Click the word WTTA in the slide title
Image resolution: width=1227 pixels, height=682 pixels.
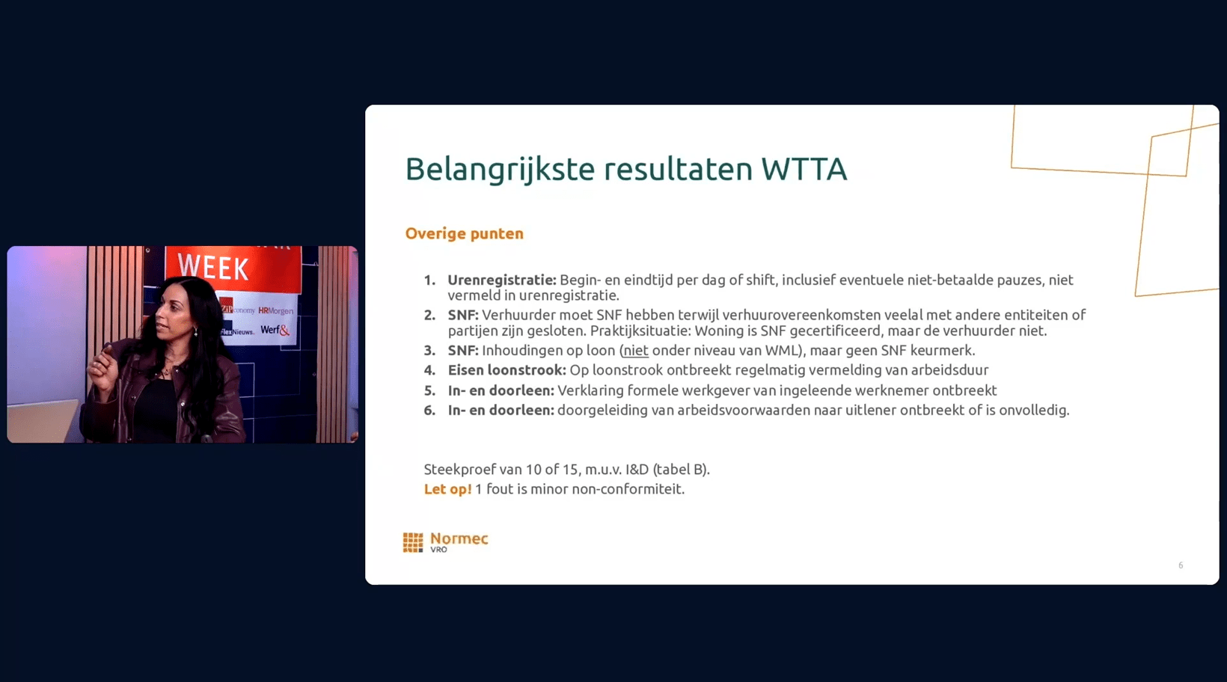(804, 168)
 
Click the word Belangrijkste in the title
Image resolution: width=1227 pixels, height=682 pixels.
(500, 170)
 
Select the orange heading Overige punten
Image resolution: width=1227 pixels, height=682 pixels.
(464, 234)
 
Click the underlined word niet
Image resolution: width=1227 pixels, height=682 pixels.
(635, 350)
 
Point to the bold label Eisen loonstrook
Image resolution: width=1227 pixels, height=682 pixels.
(507, 370)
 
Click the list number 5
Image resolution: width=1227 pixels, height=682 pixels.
(429, 390)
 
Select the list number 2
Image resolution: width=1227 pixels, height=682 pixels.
(429, 316)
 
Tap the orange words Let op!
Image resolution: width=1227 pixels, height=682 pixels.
(447, 489)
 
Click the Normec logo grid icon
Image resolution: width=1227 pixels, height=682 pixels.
(413, 542)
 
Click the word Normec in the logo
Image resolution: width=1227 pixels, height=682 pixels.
(459, 538)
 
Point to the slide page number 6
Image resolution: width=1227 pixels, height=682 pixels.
(1181, 565)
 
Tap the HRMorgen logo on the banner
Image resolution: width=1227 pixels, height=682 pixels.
(275, 311)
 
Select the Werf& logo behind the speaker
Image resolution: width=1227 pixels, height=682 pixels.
(275, 330)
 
